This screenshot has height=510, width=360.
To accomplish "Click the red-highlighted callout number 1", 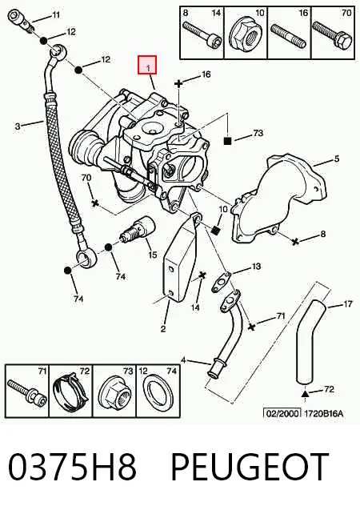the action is [147, 67].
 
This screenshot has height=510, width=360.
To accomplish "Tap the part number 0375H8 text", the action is [72, 467].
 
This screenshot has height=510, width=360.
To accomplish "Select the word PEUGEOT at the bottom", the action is [250, 467].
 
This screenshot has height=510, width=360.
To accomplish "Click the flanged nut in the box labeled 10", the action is [246, 37].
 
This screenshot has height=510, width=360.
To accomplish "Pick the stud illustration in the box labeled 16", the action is [289, 36].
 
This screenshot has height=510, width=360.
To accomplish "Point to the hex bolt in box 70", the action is [331, 36].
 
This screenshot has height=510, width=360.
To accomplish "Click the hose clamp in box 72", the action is [71, 394].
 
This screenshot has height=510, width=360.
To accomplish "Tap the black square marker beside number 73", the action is [227, 141].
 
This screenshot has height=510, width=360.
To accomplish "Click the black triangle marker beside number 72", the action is [305, 394].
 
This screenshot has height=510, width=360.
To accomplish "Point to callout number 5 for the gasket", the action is [336, 159].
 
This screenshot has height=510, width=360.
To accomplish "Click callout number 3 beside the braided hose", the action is [18, 126].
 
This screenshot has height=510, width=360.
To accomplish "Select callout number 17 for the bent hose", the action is [348, 304].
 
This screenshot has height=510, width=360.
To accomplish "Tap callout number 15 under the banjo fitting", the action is [152, 255].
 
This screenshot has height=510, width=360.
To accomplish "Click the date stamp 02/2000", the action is [282, 413].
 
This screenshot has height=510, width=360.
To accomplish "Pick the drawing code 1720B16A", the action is [323, 413].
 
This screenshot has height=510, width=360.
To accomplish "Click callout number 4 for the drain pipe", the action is [183, 360].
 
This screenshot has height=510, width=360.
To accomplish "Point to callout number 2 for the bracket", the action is [163, 328].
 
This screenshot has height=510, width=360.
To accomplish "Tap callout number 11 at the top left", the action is [56, 14].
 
